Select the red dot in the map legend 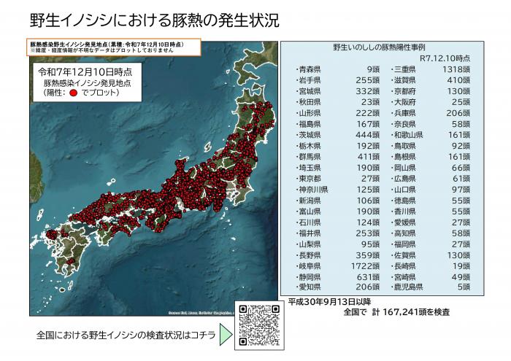[x=74, y=93]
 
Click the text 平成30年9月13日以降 [x=330, y=301]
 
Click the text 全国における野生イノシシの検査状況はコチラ [x=120, y=336]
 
